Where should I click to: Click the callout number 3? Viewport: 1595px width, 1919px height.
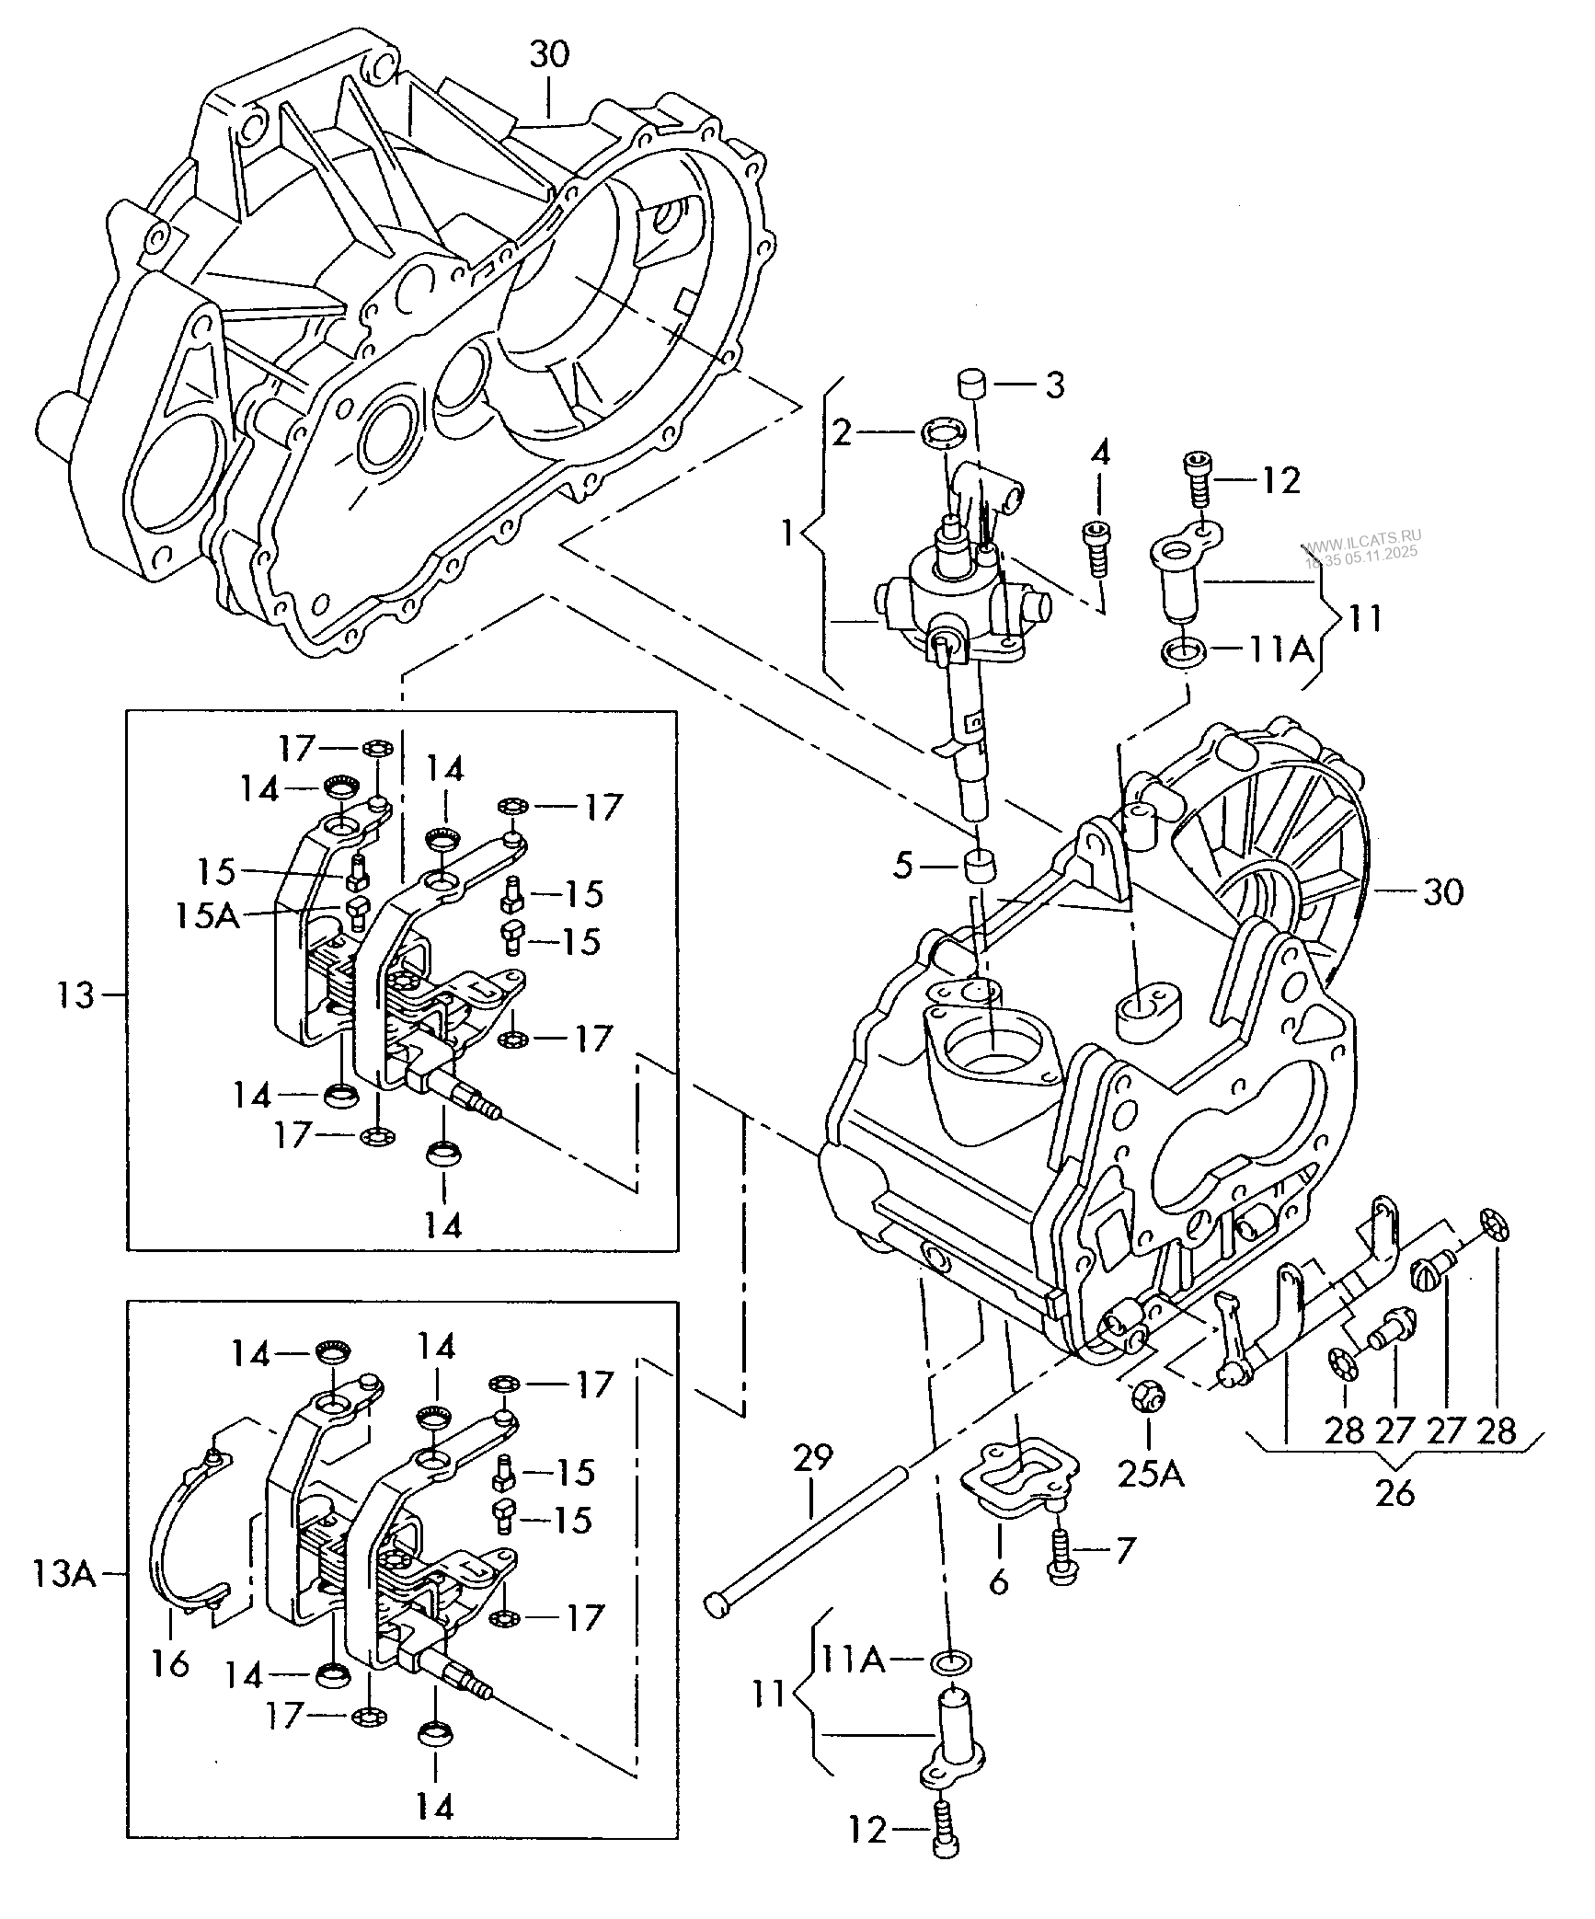[1054, 385]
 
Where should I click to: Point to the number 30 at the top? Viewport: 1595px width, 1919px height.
[549, 54]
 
